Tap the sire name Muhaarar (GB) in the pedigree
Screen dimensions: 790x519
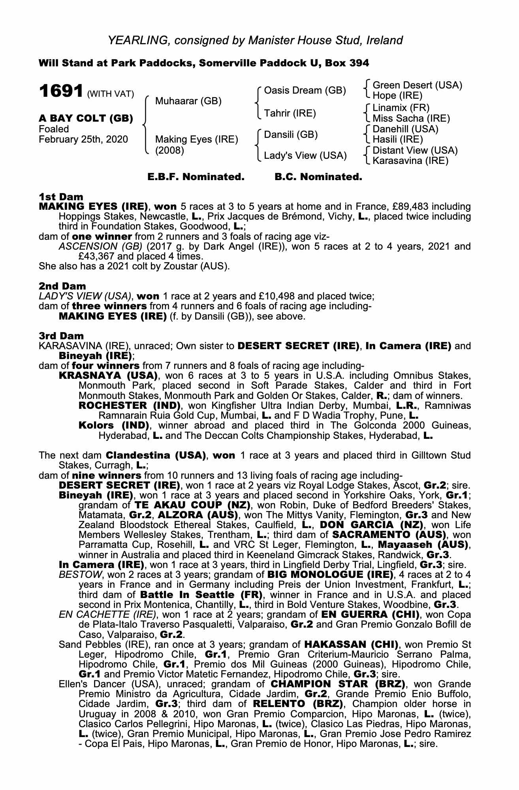[188, 101]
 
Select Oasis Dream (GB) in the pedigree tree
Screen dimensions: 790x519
[305, 91]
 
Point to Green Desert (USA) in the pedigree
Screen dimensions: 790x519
[417, 85]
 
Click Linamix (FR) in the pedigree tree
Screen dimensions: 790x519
[401, 107]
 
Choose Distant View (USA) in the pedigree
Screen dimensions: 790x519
[415, 150]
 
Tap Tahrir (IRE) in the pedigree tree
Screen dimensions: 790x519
[290, 113]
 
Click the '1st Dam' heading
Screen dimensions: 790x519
[61, 197]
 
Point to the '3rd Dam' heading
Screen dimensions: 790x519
[61, 336]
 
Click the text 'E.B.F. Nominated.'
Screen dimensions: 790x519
[196, 177]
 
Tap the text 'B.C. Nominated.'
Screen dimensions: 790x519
[318, 177]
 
